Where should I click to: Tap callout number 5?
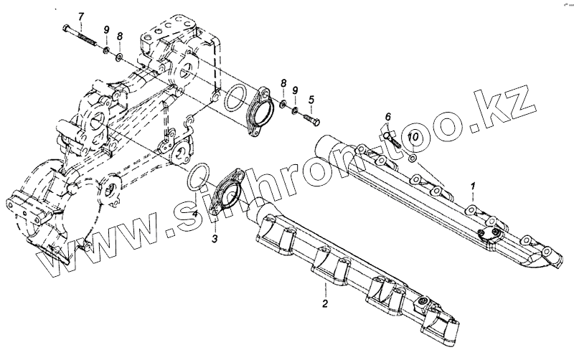pyautogui.click(x=311, y=99)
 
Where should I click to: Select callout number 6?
pyautogui.click(x=387, y=117)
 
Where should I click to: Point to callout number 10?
pyautogui.click(x=415, y=136)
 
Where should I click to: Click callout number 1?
pyautogui.click(x=473, y=187)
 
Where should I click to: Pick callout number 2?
pyautogui.click(x=324, y=304)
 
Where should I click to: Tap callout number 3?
pyautogui.click(x=215, y=239)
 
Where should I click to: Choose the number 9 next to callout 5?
pyautogui.click(x=296, y=92)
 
